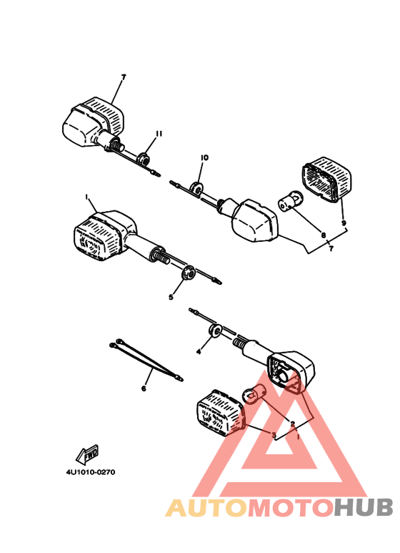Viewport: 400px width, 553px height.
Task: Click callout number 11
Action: click(x=159, y=134)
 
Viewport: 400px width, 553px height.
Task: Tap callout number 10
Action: click(x=204, y=157)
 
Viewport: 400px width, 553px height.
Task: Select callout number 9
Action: click(x=344, y=223)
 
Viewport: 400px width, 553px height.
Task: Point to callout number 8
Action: click(x=323, y=235)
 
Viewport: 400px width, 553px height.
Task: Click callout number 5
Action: click(x=171, y=297)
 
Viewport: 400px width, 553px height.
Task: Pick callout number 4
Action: click(x=199, y=352)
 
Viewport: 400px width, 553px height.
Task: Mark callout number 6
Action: click(x=144, y=388)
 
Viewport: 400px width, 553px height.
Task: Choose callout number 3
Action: click(x=274, y=434)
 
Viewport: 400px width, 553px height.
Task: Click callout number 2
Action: click(x=293, y=424)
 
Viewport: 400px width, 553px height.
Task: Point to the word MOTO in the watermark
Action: click(x=290, y=508)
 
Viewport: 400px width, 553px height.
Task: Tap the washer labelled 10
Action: click(x=195, y=187)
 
